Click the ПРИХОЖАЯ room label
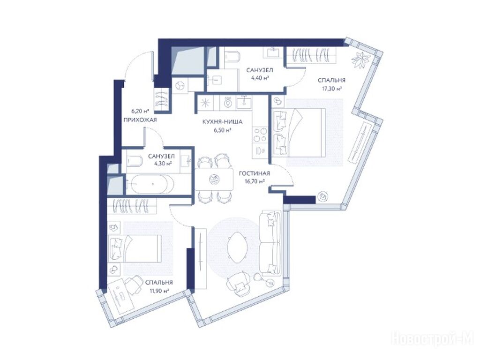[x=140, y=120]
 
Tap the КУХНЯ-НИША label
[x=223, y=122]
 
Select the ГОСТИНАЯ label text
[x=255, y=173]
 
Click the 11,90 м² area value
[x=159, y=291]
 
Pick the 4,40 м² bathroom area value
[x=260, y=78]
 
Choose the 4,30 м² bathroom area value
[x=163, y=164]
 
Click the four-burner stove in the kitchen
[x=260, y=135]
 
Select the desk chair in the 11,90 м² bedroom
[x=133, y=285]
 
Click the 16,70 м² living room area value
[x=255, y=181]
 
